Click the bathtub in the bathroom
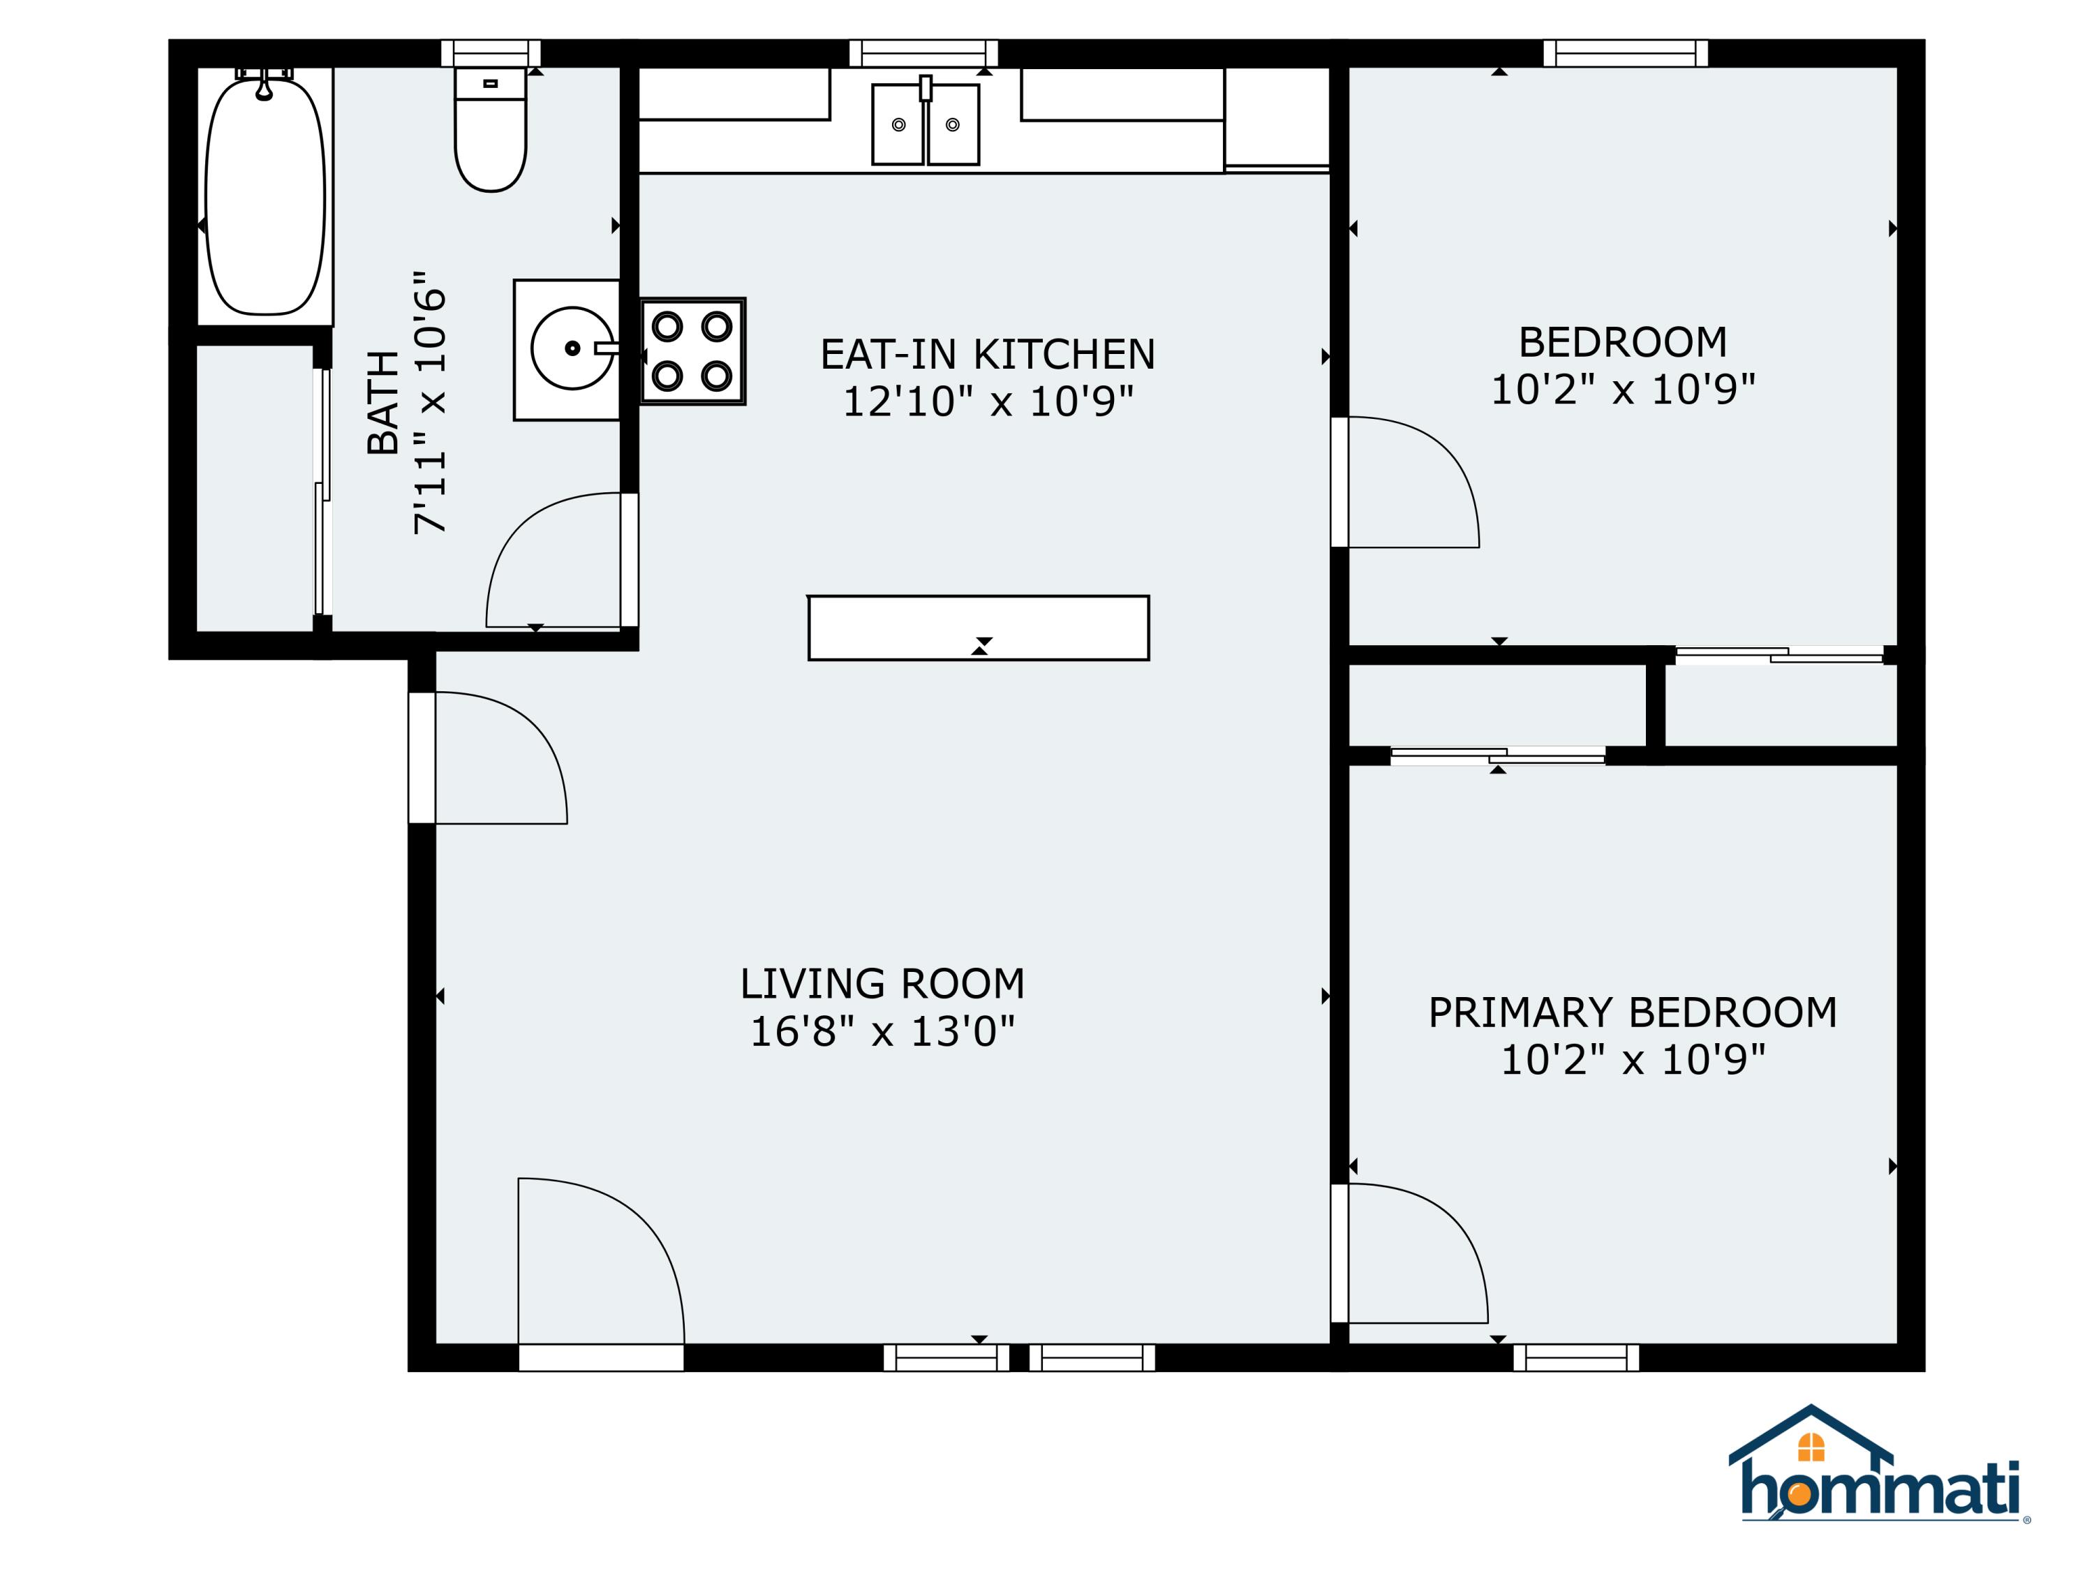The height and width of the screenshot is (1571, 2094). coord(265,196)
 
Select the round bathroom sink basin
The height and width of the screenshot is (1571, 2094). coord(572,348)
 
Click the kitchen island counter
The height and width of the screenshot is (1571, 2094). coord(979,628)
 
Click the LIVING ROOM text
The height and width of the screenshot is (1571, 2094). coord(882,984)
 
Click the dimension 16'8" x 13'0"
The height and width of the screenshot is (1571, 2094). coord(882,1031)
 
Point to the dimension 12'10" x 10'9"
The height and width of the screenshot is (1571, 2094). coord(988,401)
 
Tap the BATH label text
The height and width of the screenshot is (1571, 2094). coord(383,402)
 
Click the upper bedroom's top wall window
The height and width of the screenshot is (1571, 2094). coord(1626,53)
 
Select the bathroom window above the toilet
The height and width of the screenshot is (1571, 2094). coord(491,53)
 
